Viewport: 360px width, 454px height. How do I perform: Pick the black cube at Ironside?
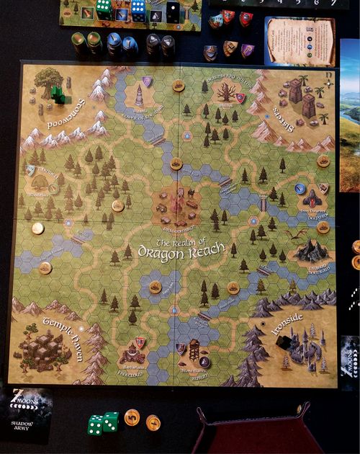[283, 344]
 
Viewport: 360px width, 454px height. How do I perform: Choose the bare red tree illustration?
[227, 92]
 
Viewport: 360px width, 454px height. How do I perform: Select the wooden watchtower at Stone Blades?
[194, 351]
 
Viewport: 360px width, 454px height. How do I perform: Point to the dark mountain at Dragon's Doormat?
[311, 250]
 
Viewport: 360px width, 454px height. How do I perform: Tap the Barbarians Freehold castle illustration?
[132, 354]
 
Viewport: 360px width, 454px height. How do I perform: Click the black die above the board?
[174, 11]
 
